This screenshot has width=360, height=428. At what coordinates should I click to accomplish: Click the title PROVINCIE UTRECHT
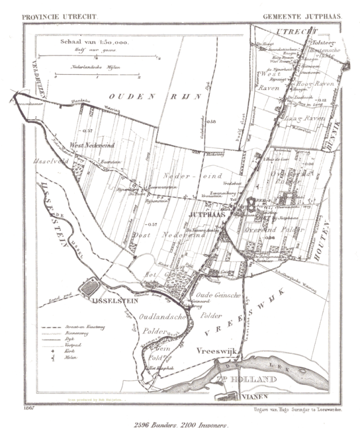click(59, 17)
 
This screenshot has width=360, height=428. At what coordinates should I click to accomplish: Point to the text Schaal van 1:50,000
click(95, 43)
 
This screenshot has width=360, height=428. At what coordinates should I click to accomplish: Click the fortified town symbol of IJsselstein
click(88, 287)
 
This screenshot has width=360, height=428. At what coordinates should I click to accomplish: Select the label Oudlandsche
click(161, 318)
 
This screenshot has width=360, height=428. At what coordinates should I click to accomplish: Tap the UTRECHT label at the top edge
click(292, 30)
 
